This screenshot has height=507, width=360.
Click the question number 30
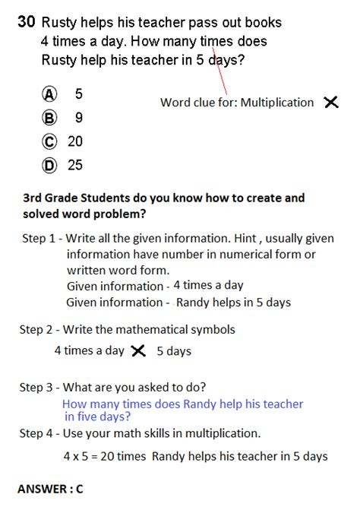tap(27, 23)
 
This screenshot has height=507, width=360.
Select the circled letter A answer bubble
tap(50, 93)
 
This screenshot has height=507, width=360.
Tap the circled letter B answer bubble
tap(50, 118)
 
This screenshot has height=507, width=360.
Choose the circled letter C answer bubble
tap(50, 141)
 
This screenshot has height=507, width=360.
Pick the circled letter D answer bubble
tap(50, 165)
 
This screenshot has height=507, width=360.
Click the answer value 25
tap(75, 165)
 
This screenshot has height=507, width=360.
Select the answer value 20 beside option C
tap(75, 141)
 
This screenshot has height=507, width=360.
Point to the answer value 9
tap(79, 118)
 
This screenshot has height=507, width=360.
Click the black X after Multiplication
tap(330, 102)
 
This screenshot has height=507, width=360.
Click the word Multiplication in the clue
tap(276, 102)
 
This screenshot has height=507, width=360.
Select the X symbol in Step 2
tap(137, 350)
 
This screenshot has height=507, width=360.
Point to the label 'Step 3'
tap(36, 387)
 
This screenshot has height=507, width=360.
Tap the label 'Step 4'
tap(36, 433)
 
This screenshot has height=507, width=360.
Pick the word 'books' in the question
tap(262, 23)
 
